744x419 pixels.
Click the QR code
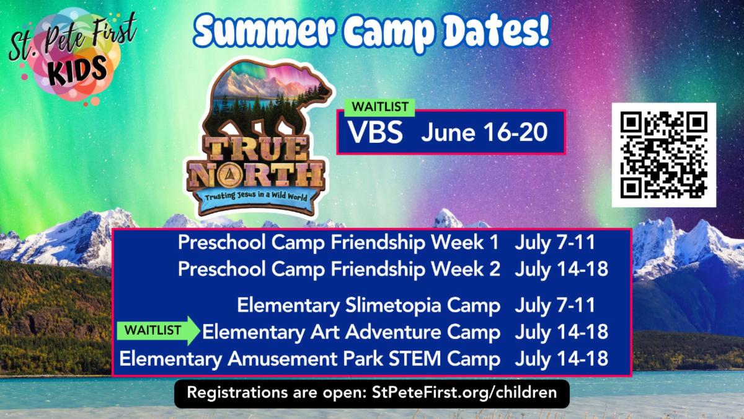tap(663, 155)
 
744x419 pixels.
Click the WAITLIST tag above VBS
tap(379, 107)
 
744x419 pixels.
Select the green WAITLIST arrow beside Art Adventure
tap(158, 330)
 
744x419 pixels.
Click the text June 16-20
tap(484, 132)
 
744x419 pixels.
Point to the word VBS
tap(375, 132)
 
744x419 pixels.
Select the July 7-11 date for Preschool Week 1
tap(555, 243)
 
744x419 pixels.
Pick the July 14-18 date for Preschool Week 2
tap(561, 269)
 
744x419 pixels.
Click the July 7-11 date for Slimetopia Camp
tap(555, 305)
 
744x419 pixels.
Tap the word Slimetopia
tap(393, 306)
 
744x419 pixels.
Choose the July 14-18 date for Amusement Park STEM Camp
tap(561, 359)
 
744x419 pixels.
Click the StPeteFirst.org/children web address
tap(464, 393)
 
